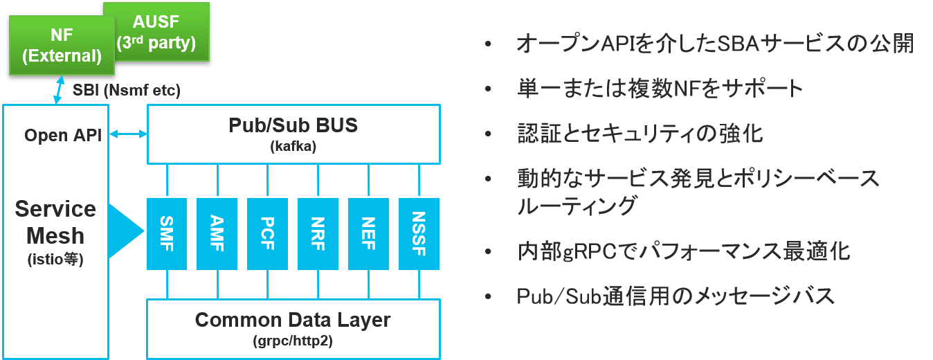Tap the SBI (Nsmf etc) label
pyautogui.click(x=127, y=89)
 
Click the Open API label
pyautogui.click(x=63, y=135)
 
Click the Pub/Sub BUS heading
pyautogui.click(x=293, y=126)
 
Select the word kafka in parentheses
pyautogui.click(x=293, y=147)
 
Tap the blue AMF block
pyautogui.click(x=217, y=234)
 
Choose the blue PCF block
pyautogui.click(x=267, y=234)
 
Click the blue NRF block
pyautogui.click(x=318, y=234)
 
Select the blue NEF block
pyautogui.click(x=368, y=234)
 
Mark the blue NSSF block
pyautogui.click(x=419, y=234)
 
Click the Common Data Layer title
pyautogui.click(x=293, y=321)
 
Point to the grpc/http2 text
pyautogui.click(x=293, y=341)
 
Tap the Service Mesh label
pyautogui.click(x=55, y=222)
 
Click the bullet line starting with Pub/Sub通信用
pyautogui.click(x=676, y=296)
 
